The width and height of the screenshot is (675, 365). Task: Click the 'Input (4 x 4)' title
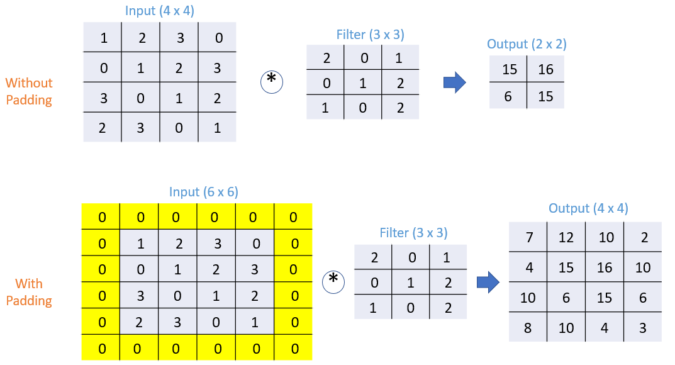(160, 11)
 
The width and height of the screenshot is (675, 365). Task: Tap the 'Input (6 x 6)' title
(203, 192)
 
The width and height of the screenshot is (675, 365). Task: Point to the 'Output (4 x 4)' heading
(588, 208)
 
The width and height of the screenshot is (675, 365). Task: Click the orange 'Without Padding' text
(29, 91)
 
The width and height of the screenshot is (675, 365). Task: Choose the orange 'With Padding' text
(29, 292)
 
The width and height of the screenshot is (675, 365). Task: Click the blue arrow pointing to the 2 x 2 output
(454, 82)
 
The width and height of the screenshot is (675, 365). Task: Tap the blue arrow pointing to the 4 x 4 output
(488, 283)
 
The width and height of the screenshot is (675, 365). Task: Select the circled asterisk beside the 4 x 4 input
(272, 81)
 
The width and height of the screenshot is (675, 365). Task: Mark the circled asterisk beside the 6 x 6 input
(333, 281)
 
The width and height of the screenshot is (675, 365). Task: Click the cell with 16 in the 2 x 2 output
(545, 69)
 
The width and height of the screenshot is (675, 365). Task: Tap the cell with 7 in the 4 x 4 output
(528, 237)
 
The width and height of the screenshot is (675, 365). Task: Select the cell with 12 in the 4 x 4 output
(566, 237)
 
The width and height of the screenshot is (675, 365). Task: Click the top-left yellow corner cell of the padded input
(101, 217)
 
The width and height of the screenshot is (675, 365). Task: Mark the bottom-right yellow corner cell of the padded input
(294, 347)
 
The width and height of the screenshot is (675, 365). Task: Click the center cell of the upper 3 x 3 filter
(362, 82)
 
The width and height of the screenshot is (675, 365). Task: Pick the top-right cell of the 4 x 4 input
(218, 38)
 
